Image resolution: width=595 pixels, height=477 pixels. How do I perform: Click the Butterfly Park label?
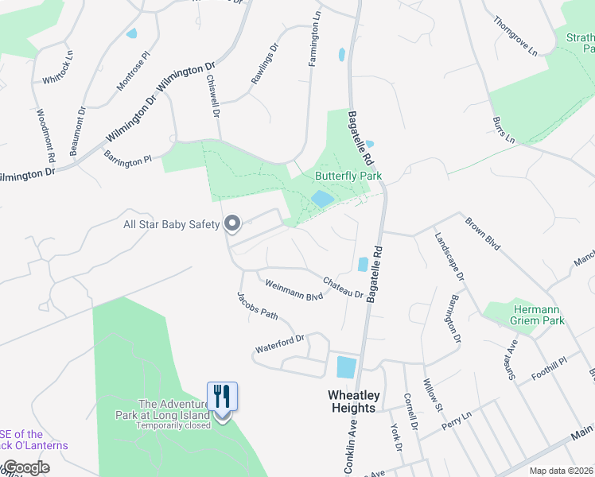348,176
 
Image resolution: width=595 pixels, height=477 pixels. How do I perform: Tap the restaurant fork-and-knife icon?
223,395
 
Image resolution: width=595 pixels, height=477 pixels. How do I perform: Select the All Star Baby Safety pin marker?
232,223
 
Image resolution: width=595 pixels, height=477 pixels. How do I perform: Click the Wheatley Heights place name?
352,401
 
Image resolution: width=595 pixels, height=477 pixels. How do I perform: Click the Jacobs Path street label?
257,306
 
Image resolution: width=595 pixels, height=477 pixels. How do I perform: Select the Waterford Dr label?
280,344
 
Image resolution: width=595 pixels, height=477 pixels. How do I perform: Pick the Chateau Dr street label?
343,287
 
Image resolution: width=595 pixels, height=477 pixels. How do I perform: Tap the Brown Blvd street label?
482,234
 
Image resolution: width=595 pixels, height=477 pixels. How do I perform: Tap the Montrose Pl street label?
133,72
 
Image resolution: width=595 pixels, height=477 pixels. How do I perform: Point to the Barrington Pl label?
127,153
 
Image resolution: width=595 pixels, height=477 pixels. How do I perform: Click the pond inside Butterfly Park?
322,199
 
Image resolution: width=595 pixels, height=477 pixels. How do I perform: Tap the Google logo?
25,467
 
